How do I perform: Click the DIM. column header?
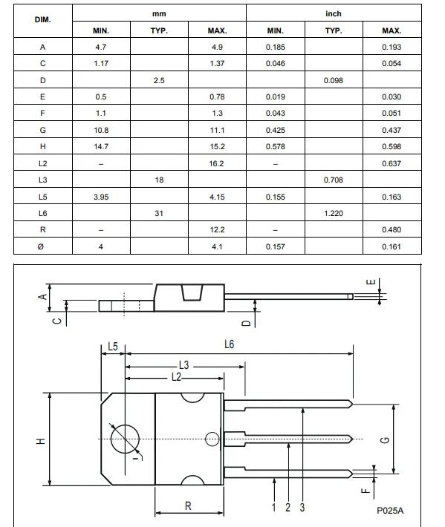pos(43,20)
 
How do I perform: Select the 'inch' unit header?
pos(334,14)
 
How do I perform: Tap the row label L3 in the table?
pos(43,180)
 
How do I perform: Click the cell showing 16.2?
pos(216,164)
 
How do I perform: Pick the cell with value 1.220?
pos(334,214)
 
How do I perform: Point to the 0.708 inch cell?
pos(334,180)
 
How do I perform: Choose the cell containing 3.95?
pos(101,197)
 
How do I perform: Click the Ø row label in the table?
pos(41,246)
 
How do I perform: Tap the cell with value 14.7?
pos(101,146)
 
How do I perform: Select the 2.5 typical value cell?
pos(159,81)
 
